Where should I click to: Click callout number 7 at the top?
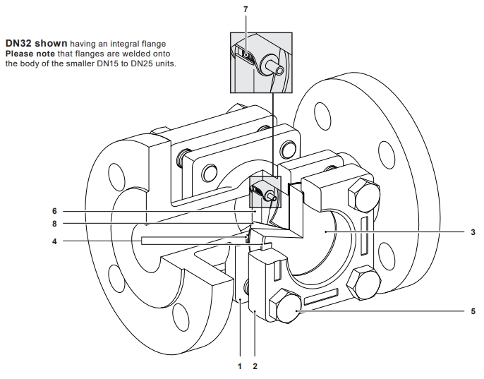pyautogui.click(x=246, y=9)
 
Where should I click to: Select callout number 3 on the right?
pyautogui.click(x=473, y=232)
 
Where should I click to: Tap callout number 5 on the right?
pyautogui.click(x=473, y=311)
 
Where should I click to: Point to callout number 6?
pyautogui.click(x=54, y=211)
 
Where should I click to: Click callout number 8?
pyautogui.click(x=54, y=224)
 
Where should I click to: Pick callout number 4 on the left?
pyautogui.click(x=54, y=241)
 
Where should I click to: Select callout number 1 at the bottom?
pyautogui.click(x=240, y=366)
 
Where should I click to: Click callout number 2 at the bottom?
pyautogui.click(x=255, y=366)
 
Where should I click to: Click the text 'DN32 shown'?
pyautogui.click(x=37, y=43)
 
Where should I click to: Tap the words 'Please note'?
pyautogui.click(x=30, y=54)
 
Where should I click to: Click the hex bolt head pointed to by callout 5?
pyautogui.click(x=285, y=306)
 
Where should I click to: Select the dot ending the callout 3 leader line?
pyautogui.click(x=326, y=231)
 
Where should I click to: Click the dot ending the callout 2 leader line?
pyautogui.click(x=255, y=311)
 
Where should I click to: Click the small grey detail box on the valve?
pyautogui.click(x=265, y=192)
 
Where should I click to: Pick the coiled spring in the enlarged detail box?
pyautogui.click(x=247, y=55)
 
